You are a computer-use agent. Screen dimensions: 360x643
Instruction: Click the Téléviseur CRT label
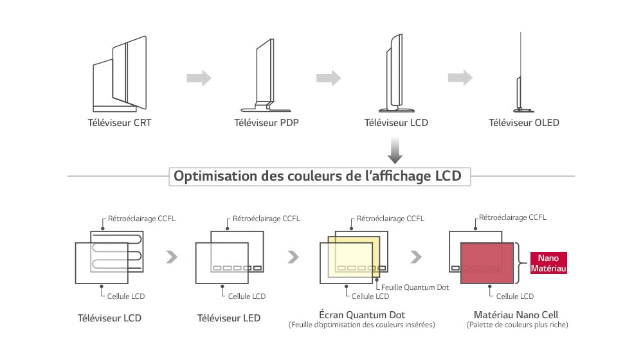click(x=120, y=122)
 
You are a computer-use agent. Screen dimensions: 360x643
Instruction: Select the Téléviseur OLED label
click(x=524, y=122)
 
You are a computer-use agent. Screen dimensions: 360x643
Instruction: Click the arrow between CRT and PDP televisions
click(x=199, y=78)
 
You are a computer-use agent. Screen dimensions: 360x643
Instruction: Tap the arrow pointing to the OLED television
click(x=460, y=78)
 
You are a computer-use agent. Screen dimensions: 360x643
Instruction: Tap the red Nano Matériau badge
click(x=548, y=263)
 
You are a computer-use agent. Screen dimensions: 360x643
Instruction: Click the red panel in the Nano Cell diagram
click(x=487, y=263)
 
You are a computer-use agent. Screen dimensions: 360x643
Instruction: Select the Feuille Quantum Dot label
click(x=415, y=287)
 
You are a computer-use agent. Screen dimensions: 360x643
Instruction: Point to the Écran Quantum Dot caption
click(x=361, y=314)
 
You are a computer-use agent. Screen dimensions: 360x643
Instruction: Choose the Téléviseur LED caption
click(x=229, y=318)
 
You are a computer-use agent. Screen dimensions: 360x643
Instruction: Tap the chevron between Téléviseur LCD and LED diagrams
click(x=171, y=257)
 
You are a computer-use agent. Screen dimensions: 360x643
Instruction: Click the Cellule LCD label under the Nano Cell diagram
click(x=514, y=296)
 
